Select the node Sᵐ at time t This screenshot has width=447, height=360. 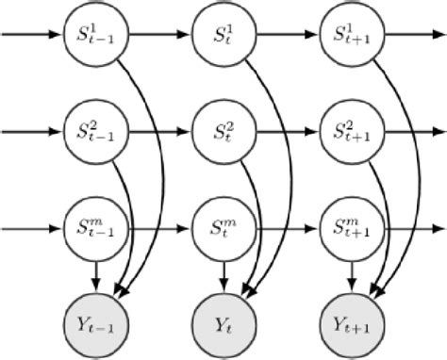click(223, 227)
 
